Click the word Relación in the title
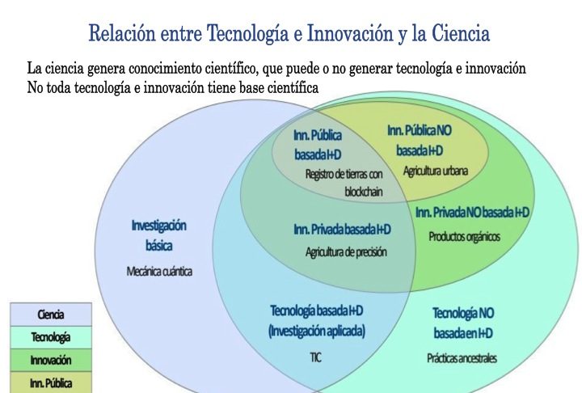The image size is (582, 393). [x=121, y=32]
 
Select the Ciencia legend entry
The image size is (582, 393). [x=51, y=315]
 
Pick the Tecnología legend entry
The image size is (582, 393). [x=51, y=337]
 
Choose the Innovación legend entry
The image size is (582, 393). [x=51, y=360]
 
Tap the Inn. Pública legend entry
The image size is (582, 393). [x=51, y=382]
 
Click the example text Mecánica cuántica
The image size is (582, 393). [x=159, y=272]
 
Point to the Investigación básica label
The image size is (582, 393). [x=159, y=235]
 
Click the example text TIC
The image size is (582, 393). [x=315, y=357]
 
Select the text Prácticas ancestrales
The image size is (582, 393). [x=462, y=358]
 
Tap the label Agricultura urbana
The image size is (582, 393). [x=436, y=171]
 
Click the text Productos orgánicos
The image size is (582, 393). [x=465, y=237]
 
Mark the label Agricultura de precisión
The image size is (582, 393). [x=346, y=252]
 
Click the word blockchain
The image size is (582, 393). [x=364, y=192]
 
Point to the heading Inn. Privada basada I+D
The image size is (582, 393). [x=342, y=229]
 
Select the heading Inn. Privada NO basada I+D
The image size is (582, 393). [x=472, y=213]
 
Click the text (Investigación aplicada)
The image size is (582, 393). [x=317, y=331]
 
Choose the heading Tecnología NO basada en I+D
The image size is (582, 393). [x=463, y=323]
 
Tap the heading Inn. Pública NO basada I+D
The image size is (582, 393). [x=420, y=141]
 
